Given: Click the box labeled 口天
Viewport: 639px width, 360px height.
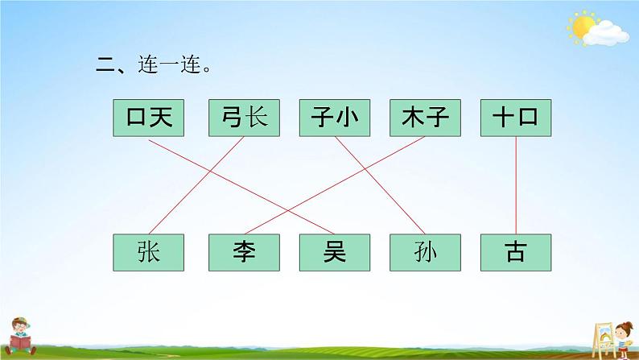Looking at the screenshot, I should [149, 118].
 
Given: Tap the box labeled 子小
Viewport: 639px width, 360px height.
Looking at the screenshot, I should [334, 118].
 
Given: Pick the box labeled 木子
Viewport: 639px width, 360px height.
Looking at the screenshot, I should [425, 118].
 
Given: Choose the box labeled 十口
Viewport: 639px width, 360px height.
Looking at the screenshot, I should [516, 118].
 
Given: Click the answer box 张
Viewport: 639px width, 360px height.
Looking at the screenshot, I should [149, 252].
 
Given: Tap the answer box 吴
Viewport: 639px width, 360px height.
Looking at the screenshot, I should [334, 252].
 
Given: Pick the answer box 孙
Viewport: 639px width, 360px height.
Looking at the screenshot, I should [425, 252].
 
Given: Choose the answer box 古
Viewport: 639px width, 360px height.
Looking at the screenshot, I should [516, 252].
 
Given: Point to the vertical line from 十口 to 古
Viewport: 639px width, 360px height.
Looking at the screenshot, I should [516, 185].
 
